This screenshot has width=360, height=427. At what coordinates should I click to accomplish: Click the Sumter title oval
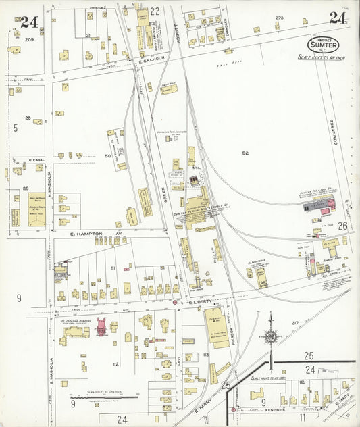point(323,45)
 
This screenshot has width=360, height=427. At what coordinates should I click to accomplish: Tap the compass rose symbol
point(270,336)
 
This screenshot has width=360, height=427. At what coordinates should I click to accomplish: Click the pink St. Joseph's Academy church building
point(101,326)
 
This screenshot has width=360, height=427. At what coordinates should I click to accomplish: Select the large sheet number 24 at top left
point(28,22)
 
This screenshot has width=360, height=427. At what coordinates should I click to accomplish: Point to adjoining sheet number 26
point(342,225)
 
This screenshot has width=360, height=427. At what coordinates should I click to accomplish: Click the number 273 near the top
point(278,18)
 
